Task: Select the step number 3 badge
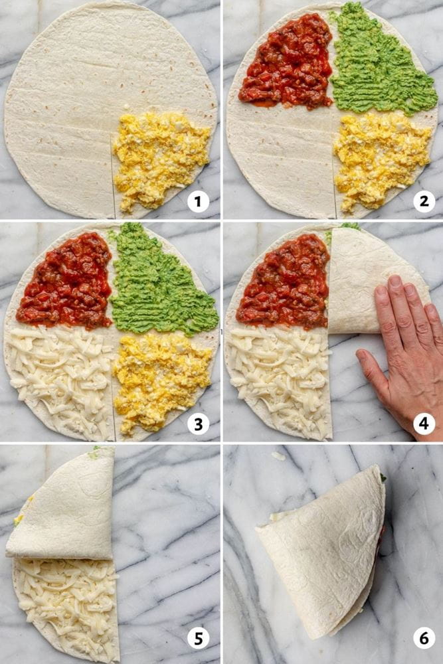(x=198, y=423)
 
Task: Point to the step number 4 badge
(x=424, y=423)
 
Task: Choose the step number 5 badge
(x=198, y=638)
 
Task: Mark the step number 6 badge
(x=424, y=638)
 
